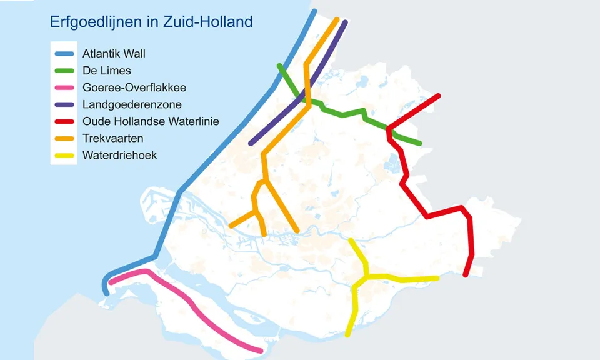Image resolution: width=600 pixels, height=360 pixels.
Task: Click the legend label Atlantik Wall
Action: coord(114,54)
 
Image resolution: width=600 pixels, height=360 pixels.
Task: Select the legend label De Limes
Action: coord(107,71)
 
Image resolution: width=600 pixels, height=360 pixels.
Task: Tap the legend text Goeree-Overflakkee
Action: coord(134,87)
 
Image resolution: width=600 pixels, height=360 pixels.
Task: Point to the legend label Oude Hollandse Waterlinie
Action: coord(151,121)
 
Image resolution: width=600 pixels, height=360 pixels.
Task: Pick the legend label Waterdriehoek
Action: coord(120,155)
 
